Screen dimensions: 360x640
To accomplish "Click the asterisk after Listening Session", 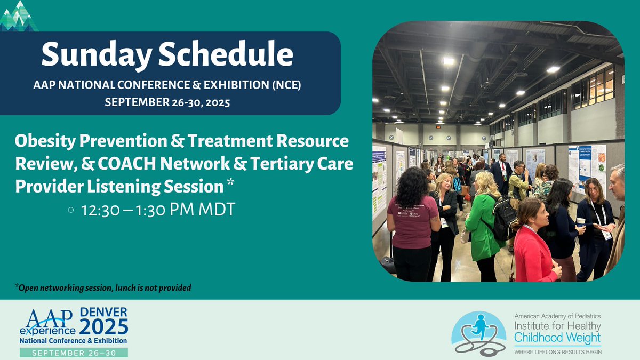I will pos(230,185).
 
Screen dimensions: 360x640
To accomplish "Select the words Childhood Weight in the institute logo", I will pos(557,338).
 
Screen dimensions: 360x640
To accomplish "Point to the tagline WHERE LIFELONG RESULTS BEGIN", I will pos(557,351).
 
